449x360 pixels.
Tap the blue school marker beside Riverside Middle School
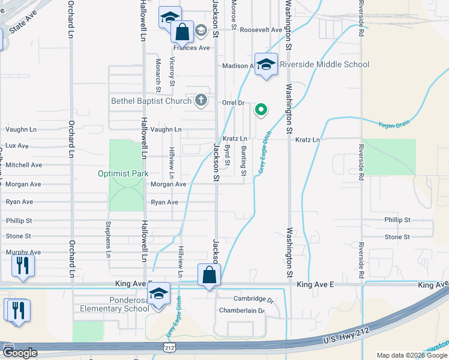[x=266, y=64]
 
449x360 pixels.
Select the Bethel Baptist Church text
[x=151, y=101]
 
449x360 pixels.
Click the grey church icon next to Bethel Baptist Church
[x=203, y=100]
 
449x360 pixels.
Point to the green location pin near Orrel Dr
[x=261, y=109]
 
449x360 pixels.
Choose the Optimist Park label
[x=123, y=174]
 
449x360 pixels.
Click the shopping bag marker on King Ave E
[x=209, y=276]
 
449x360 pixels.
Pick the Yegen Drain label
[x=393, y=125]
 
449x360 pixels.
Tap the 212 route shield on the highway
[x=169, y=347]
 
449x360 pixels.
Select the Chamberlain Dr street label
[x=242, y=311]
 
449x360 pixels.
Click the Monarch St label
[x=158, y=74]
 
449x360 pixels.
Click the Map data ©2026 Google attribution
[x=411, y=355]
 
